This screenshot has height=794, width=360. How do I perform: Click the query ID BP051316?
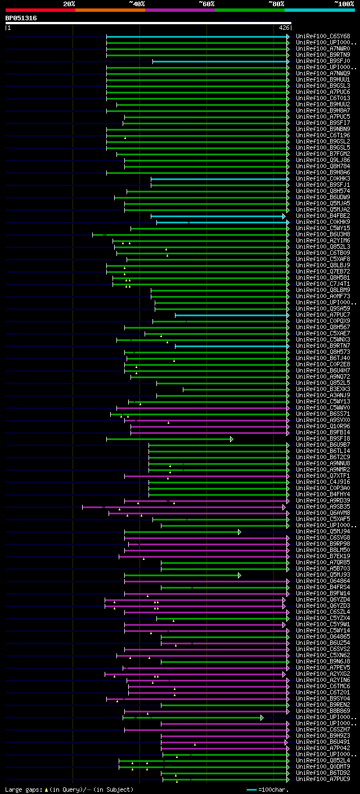[21, 18]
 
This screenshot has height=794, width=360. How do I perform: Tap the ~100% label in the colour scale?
[344, 3]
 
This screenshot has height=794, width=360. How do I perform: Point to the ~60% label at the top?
[206, 3]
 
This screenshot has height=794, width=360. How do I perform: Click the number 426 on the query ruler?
[284, 28]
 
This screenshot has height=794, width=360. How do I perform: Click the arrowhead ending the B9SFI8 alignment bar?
[231, 439]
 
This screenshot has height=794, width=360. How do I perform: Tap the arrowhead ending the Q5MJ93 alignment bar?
[239, 575]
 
